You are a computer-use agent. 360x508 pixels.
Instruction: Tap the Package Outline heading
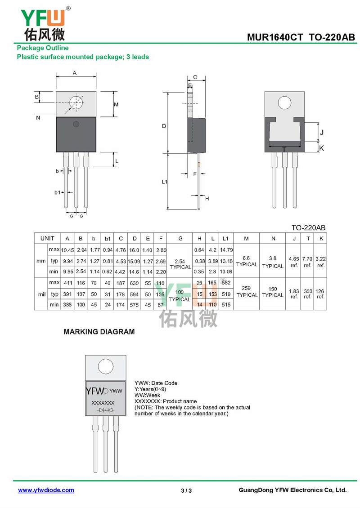pyautogui.click(x=43, y=48)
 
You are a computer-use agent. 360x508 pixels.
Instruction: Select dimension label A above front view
pyautogui.click(x=75, y=72)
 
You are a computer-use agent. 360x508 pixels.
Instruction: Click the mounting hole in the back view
pyautogui.click(x=284, y=103)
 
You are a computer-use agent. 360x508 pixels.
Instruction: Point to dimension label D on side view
pyautogui.click(x=164, y=126)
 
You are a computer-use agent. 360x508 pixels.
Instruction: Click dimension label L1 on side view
pyautogui.click(x=165, y=182)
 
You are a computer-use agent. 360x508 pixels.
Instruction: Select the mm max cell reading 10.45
pyautogui.click(x=67, y=250)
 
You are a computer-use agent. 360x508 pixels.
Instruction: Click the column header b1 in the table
pyautogui.click(x=108, y=239)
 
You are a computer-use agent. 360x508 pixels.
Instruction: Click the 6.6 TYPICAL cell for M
pyautogui.click(x=246, y=261)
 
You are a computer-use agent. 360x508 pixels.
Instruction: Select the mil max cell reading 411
pyautogui.click(x=67, y=283)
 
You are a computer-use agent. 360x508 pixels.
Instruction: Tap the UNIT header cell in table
pyautogui.click(x=47, y=239)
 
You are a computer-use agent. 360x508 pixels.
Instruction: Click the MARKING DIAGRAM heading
pyautogui.click(x=99, y=332)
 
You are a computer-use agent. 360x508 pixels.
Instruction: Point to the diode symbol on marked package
pyautogui.click(x=105, y=410)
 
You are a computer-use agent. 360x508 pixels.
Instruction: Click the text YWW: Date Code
pyautogui.click(x=156, y=383)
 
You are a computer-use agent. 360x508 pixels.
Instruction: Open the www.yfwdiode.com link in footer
pyautogui.click(x=46, y=490)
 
